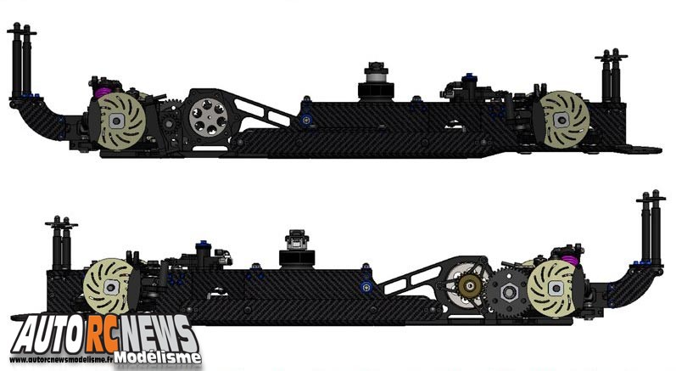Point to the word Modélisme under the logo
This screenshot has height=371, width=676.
click(159, 357)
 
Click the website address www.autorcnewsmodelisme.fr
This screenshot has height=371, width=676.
click(61, 359)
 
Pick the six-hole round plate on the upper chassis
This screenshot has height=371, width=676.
click(209, 115)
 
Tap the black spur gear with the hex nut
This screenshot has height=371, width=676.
click(508, 294)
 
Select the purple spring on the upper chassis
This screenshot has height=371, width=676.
click(103, 92)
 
